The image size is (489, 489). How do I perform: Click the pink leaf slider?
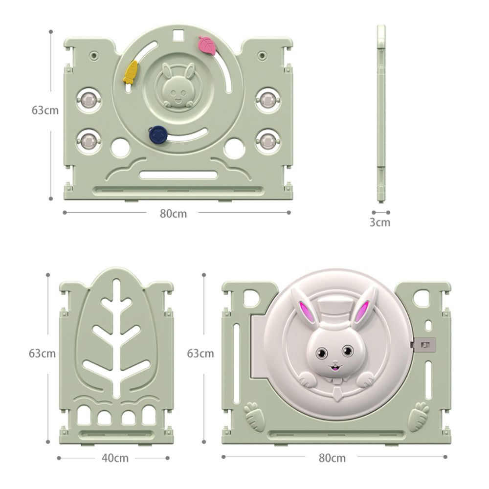tap(207, 45)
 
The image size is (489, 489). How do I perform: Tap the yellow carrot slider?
tap(130, 72)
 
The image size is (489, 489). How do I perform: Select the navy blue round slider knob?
tap(158, 135)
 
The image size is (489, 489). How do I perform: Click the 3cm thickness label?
tap(380, 222)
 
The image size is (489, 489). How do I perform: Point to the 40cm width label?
tap(115, 458)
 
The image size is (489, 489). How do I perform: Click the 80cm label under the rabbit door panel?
tap(332, 458)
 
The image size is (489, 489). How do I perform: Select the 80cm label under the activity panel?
tap(174, 214)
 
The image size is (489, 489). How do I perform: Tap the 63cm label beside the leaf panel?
tap(42, 354)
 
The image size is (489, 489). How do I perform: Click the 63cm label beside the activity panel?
tap(45, 110)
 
